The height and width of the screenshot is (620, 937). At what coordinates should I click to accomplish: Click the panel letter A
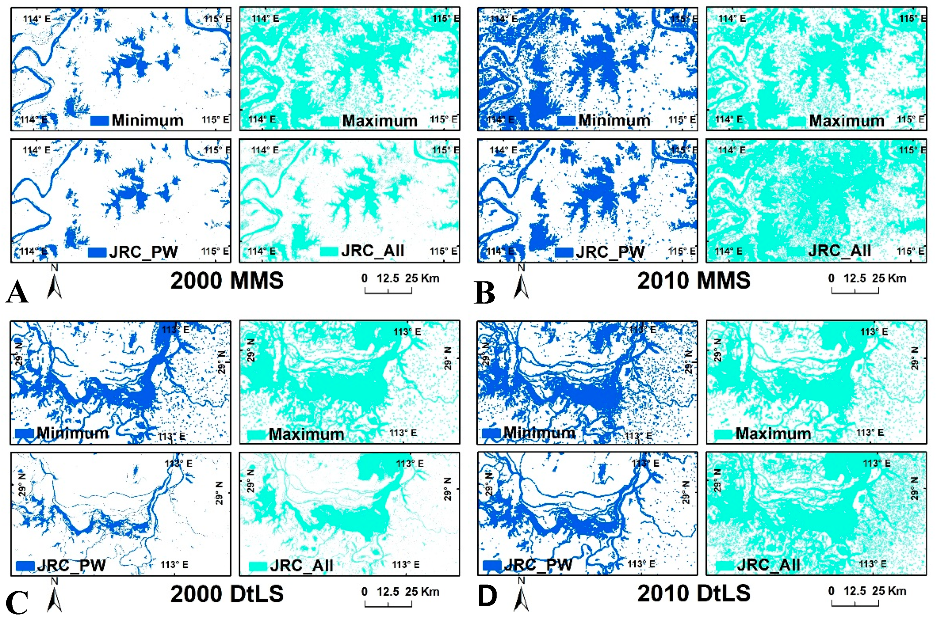pos(17,292)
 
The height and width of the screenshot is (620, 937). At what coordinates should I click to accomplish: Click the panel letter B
pos(484,293)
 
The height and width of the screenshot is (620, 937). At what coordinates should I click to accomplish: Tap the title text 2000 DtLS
pos(227,594)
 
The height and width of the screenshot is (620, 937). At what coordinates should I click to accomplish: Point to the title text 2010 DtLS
pos(693,593)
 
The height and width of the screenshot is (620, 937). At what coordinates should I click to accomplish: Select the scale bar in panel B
pos(855,291)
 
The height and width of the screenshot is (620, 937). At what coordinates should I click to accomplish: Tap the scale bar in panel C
pos(388,604)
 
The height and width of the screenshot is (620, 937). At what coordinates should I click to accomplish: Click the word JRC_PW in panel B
pos(610,252)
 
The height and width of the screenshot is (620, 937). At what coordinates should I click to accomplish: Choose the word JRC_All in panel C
pos(301,565)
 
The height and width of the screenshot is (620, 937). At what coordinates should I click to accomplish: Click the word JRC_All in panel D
pos(768,565)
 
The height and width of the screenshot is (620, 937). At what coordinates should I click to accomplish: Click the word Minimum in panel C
pos(73,433)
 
